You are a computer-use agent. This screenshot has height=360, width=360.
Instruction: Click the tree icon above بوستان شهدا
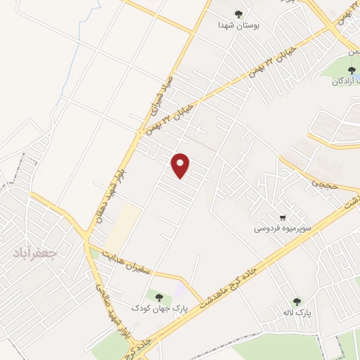tap(239, 13)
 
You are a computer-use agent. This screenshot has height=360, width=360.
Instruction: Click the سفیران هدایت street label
tap(130, 266)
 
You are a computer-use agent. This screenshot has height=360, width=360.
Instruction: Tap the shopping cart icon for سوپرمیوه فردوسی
tap(283, 218)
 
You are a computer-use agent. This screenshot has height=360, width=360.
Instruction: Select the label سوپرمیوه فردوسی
tap(280, 229)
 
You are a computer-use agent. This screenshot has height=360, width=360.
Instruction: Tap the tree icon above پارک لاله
tap(296, 300)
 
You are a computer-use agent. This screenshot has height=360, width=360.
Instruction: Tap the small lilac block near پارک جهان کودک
tap(180, 288)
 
